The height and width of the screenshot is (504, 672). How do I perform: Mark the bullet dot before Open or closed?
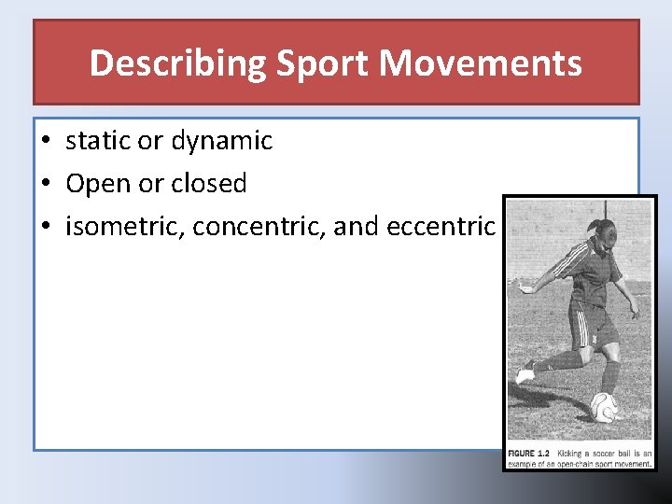coord(45,185)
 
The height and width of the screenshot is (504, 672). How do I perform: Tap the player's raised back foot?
coord(525,373)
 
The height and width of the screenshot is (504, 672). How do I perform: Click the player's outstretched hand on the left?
coord(523,288)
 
